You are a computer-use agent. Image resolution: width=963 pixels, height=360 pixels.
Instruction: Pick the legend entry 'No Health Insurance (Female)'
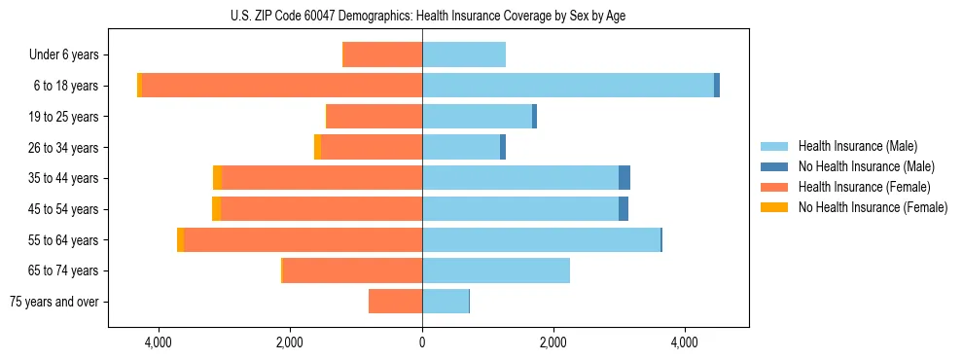click(873, 207)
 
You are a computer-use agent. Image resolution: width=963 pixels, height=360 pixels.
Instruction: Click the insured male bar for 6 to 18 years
click(568, 86)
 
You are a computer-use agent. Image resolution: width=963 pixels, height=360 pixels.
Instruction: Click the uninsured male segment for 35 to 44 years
click(624, 178)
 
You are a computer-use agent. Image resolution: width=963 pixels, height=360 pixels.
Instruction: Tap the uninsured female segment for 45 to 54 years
click(216, 209)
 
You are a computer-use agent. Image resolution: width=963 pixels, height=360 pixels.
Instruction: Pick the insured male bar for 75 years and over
click(446, 302)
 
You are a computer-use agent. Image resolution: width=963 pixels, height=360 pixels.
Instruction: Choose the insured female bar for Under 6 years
click(382, 54)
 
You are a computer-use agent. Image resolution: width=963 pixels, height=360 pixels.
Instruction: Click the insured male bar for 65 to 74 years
click(496, 270)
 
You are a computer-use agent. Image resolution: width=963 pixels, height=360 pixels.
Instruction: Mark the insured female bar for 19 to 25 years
click(374, 117)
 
